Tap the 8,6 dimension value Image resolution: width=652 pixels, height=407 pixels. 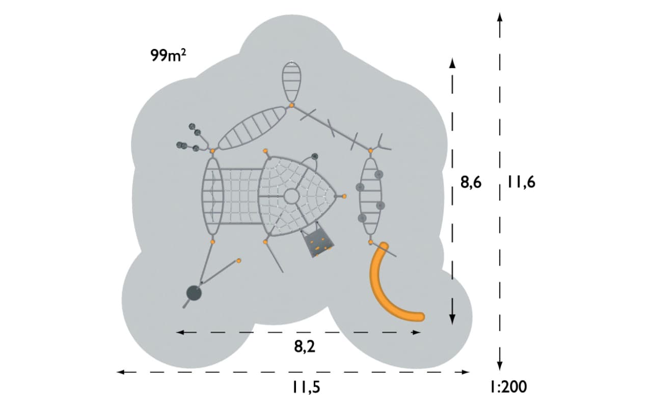pos(471,183)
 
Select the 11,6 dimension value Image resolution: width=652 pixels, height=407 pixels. pos(521,183)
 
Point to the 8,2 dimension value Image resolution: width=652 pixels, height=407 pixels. pos(305,346)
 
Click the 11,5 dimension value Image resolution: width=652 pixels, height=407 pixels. pos(306,388)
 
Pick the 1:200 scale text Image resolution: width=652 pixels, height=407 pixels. pos(508,387)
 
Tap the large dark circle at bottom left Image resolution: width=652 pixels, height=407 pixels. pos(194,293)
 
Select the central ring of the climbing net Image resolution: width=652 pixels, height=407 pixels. pos(291,196)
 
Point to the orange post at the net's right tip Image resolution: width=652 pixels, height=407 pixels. pos(344,196)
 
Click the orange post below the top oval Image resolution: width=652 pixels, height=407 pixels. pos(292,105)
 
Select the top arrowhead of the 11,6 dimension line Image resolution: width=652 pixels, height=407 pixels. pos(500,17)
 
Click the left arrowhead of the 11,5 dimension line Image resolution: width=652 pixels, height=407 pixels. pos(121,372)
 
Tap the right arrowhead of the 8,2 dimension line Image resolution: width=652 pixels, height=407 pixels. pos(417,332)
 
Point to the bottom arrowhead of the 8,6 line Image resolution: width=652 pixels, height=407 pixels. pos(452,320)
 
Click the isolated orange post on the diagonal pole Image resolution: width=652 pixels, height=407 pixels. pos(239,261)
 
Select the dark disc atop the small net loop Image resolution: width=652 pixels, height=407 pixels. pos(314,157)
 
